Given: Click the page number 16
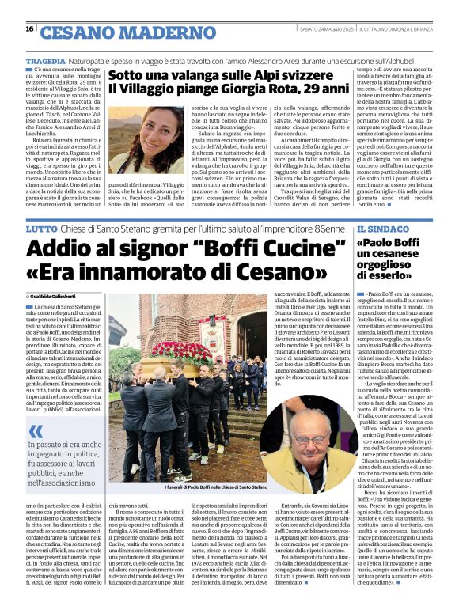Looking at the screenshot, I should [x=29, y=29].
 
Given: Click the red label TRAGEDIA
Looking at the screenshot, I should [x=46, y=60].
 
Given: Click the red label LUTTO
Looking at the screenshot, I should [x=41, y=229].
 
